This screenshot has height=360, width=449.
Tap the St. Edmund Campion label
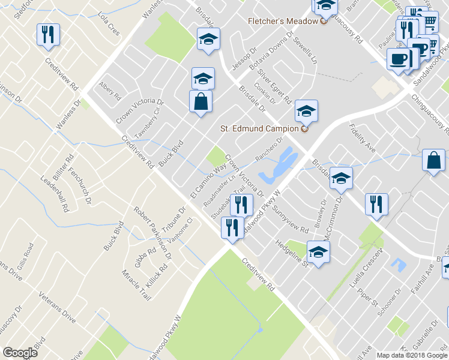click(x=259, y=128)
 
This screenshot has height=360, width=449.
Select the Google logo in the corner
click(x=20, y=352)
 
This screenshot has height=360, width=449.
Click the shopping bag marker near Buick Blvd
click(x=200, y=101)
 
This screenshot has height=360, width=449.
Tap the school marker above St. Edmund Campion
click(x=306, y=111)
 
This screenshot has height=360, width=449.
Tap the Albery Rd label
click(x=110, y=94)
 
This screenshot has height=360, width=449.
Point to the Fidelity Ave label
click(x=363, y=137)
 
